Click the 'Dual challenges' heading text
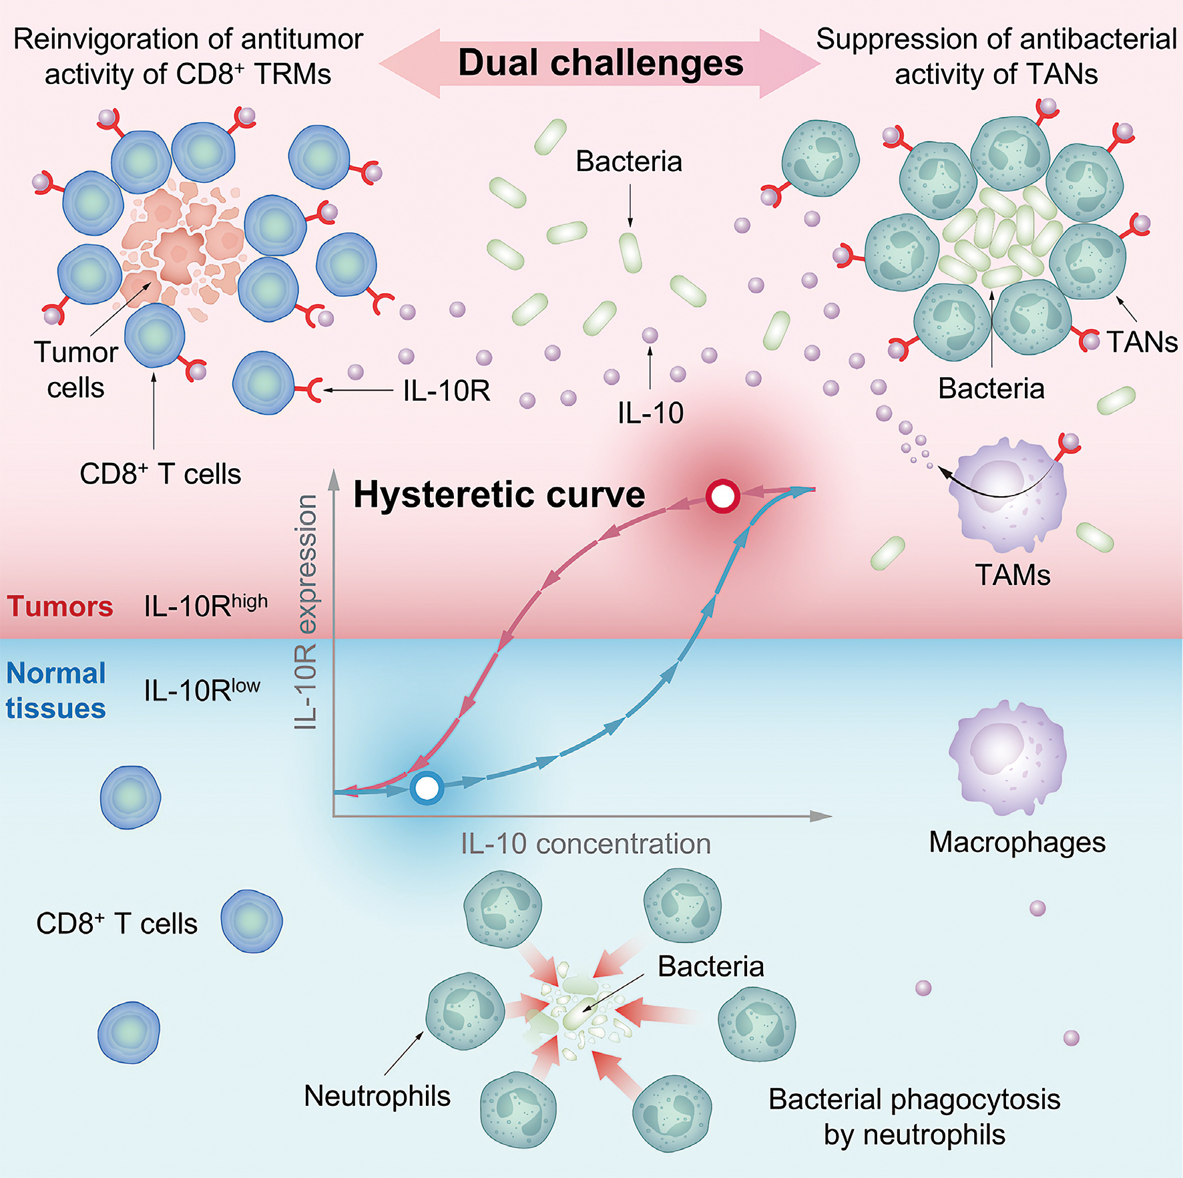600,63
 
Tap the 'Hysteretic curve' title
499,495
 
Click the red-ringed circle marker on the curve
722,496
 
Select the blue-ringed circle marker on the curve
427,788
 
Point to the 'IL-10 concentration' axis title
585,844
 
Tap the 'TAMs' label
1012,575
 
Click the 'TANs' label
1142,342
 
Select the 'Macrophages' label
1017,842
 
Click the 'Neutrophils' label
377,1096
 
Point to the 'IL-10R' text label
447,391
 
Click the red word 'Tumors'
60,606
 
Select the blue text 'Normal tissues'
56,691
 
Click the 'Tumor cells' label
75,369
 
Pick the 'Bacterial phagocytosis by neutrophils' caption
914,1117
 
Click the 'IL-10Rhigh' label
205,605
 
